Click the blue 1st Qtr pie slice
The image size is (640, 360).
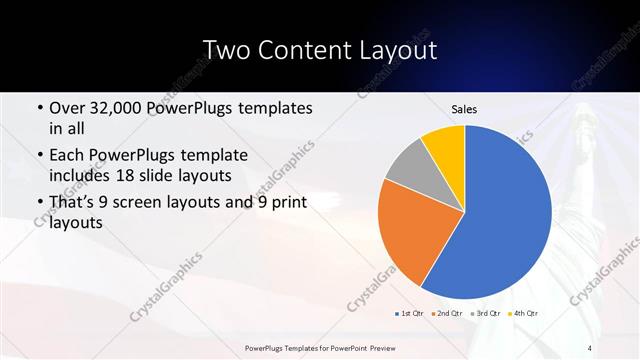[505, 215]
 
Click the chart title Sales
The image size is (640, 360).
[464, 109]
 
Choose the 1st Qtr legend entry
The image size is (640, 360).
[409, 314]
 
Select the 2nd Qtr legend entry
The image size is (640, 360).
[447, 314]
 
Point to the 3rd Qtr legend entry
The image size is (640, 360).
[486, 314]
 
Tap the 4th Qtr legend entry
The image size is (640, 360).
[524, 314]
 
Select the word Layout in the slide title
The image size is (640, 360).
[395, 49]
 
